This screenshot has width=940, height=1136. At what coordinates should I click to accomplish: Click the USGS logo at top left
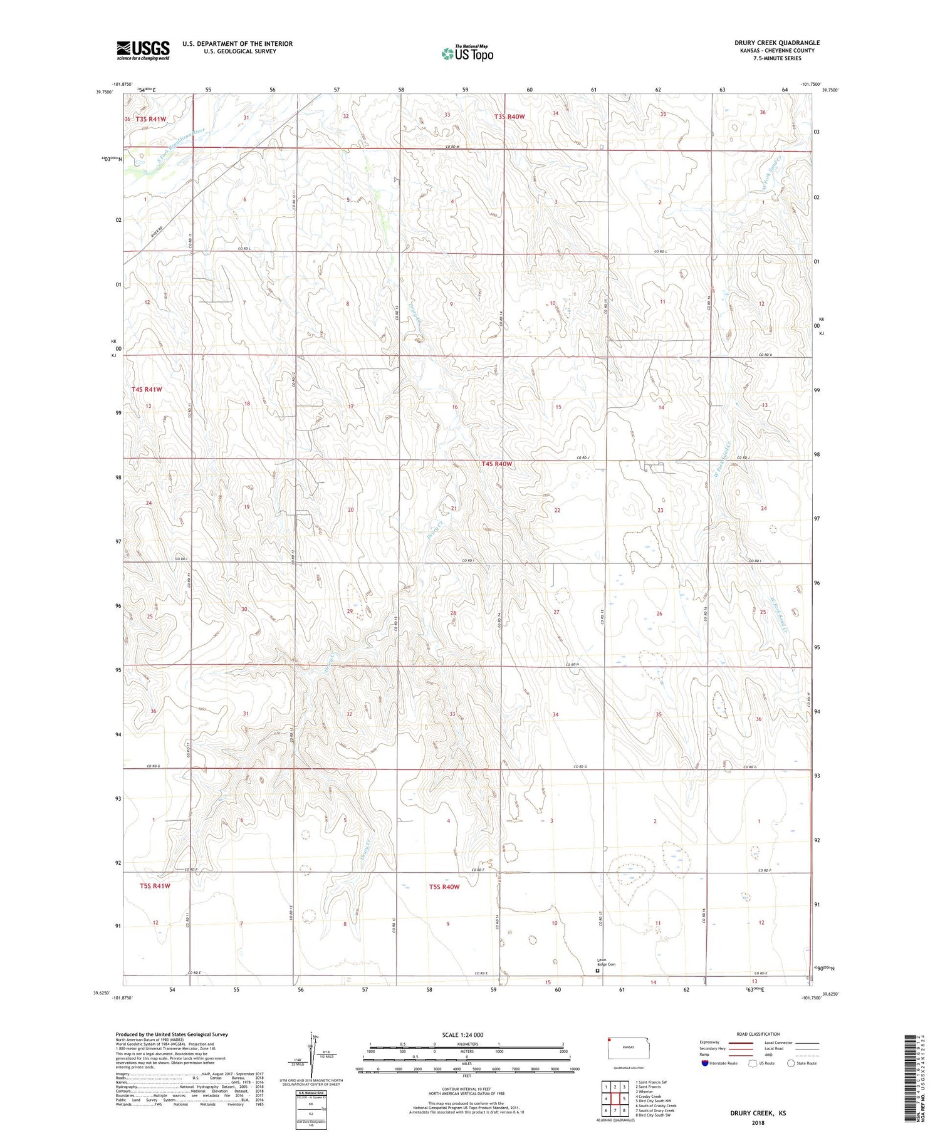[143, 50]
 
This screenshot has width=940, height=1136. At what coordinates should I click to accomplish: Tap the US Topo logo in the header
[467, 54]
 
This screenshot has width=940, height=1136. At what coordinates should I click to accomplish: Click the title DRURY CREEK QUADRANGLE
[777, 43]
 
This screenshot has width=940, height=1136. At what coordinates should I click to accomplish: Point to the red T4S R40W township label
[497, 464]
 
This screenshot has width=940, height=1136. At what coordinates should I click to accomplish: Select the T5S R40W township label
[444, 887]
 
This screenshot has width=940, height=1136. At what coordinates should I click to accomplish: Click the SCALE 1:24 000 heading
[464, 1034]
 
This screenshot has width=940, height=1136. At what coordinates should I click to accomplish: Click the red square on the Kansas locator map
[608, 1040]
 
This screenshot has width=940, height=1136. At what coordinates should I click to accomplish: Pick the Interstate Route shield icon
[705, 1063]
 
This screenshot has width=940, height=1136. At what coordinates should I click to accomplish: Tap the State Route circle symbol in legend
[791, 1063]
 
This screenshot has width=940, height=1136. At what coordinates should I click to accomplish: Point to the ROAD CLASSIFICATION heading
[758, 1034]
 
